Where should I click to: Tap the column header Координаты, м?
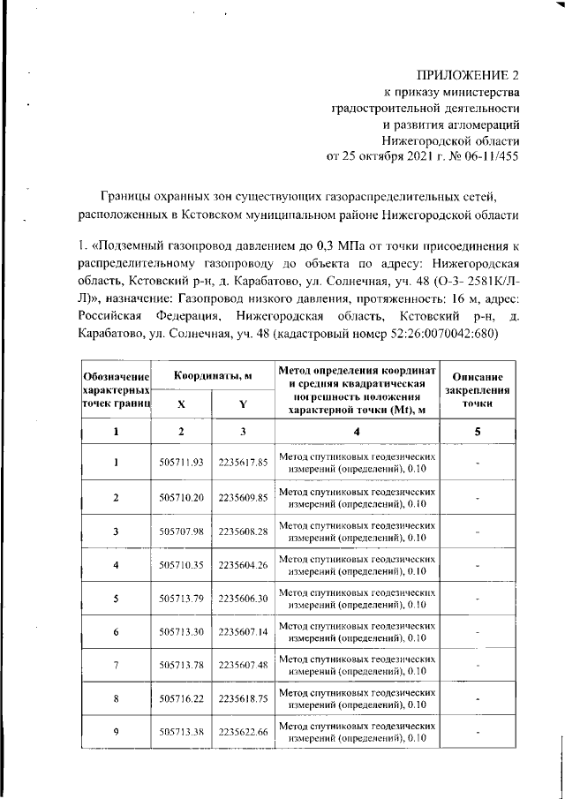(x=212, y=375)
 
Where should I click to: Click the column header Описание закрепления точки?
(x=477, y=388)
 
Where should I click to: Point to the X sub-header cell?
(x=181, y=403)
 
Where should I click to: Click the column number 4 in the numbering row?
(x=357, y=431)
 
